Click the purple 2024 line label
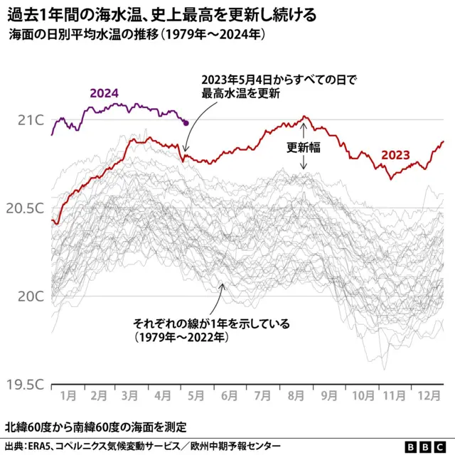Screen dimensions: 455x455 point(104,92)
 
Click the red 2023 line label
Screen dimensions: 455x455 point(395,155)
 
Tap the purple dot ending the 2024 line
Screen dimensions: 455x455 point(186,123)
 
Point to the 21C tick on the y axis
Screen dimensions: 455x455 point(31,119)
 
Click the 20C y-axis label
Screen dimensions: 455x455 point(31,296)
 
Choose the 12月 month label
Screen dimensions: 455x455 point(427,395)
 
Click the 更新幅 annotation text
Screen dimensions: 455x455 point(304,149)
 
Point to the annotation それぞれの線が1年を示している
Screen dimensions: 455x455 point(212,329)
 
